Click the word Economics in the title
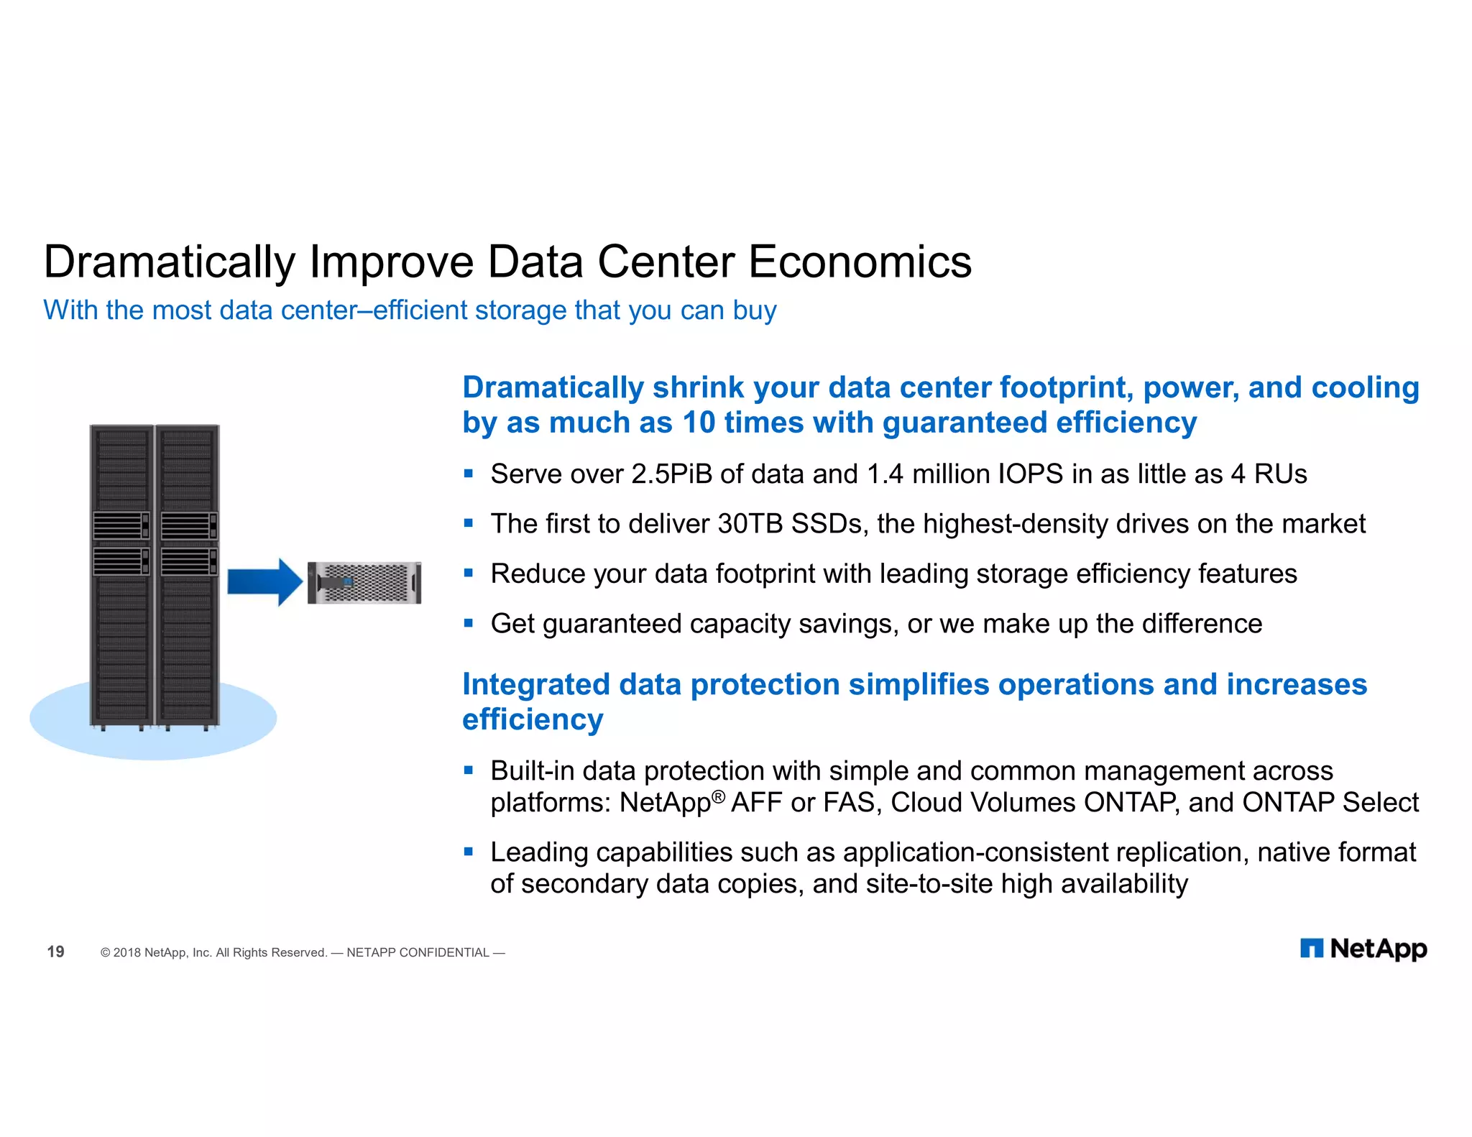[860, 262]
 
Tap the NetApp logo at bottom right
[1363, 949]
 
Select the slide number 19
[55, 952]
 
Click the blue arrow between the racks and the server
[264, 581]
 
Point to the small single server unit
[364, 583]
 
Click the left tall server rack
[121, 575]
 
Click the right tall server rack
[187, 575]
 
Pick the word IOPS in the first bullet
[1030, 474]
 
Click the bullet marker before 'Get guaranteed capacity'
[469, 623]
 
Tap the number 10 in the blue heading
[699, 423]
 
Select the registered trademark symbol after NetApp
[718, 796]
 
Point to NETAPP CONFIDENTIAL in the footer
[418, 952]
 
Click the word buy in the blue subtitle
[755, 310]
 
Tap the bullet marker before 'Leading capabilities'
[469, 852]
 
